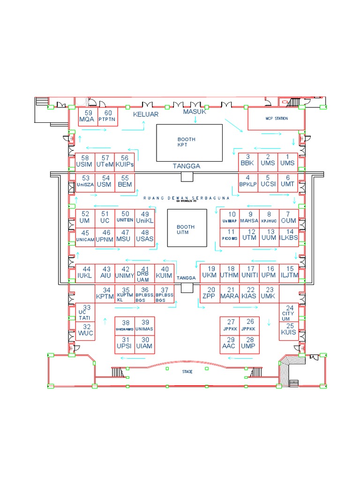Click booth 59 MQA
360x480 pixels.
click(x=87, y=116)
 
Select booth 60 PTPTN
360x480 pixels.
click(x=108, y=116)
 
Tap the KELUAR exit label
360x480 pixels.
click(x=145, y=114)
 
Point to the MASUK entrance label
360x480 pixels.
click(x=195, y=112)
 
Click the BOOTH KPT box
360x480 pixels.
click(x=189, y=142)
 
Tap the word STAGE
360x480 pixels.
click(x=187, y=371)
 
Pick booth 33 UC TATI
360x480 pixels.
click(x=85, y=312)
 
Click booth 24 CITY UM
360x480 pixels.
click(x=289, y=312)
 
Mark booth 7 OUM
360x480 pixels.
click(x=288, y=217)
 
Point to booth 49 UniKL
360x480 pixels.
click(x=144, y=217)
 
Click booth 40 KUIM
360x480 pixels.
click(x=165, y=273)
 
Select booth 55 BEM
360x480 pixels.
click(x=125, y=182)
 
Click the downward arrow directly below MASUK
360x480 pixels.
click(x=195, y=120)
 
